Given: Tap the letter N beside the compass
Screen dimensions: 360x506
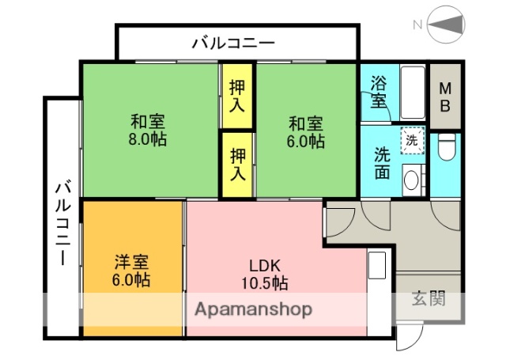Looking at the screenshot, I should (417, 25).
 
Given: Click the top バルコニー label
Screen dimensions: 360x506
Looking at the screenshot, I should (233, 42).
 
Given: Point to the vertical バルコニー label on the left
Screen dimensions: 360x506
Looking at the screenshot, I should (62, 224).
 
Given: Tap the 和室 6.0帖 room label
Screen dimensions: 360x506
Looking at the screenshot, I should (306, 132).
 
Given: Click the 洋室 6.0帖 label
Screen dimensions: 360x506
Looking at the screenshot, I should (132, 271).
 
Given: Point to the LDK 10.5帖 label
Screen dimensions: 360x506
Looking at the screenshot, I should (264, 273).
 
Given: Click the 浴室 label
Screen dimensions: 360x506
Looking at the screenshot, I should (379, 91).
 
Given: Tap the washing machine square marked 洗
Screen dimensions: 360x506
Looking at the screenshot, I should (411, 141).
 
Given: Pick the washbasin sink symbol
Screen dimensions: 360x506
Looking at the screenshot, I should (412, 180).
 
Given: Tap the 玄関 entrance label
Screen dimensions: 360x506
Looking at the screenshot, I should (428, 298).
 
